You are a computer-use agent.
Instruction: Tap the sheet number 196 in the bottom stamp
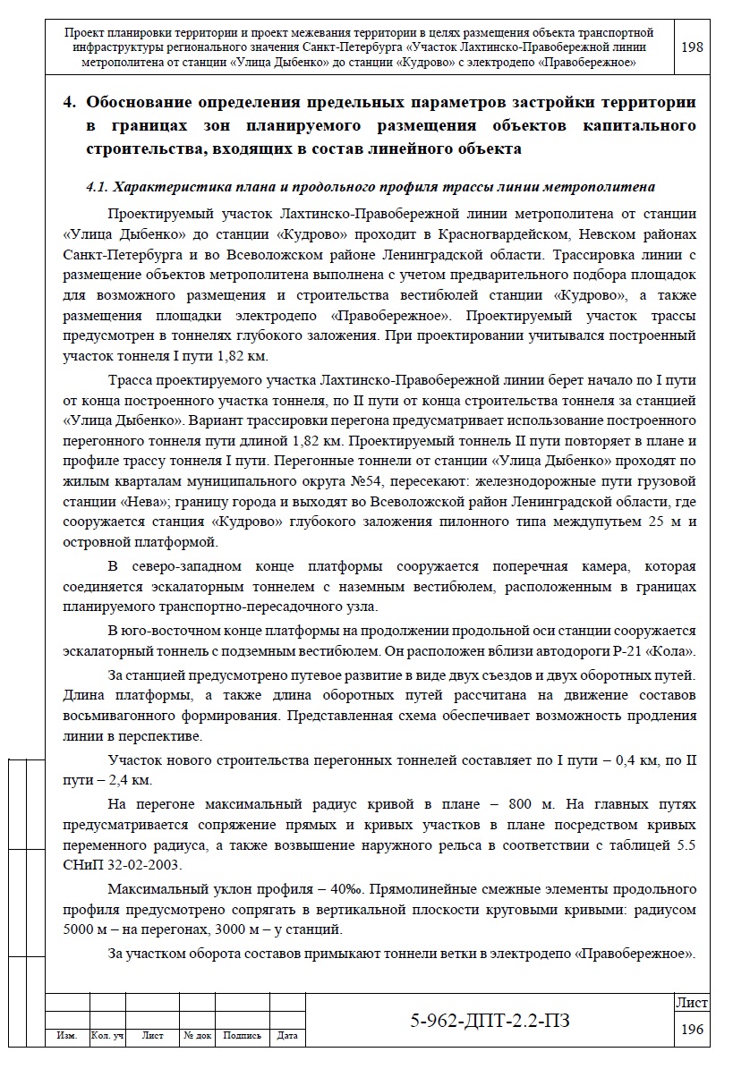click(692, 1030)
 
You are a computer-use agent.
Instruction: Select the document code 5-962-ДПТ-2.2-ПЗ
click(487, 1021)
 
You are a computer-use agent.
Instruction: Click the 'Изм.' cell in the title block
click(66, 1036)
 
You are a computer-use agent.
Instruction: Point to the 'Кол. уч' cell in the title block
click(107, 1036)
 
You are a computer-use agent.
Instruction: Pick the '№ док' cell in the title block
click(197, 1036)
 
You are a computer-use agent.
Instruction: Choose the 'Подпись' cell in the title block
click(242, 1036)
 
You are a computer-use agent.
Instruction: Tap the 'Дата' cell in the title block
click(287, 1036)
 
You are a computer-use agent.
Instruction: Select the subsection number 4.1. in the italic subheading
click(97, 187)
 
